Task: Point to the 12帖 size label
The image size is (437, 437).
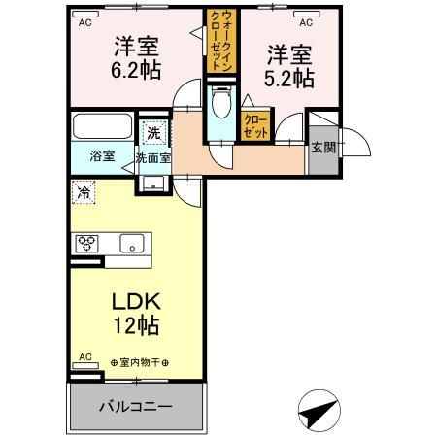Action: [135, 325]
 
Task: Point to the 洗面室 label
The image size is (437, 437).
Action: [153, 157]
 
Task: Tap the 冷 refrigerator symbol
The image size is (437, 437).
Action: [85, 192]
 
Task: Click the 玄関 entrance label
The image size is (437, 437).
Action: [322, 148]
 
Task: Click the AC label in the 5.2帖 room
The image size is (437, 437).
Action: [305, 19]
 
